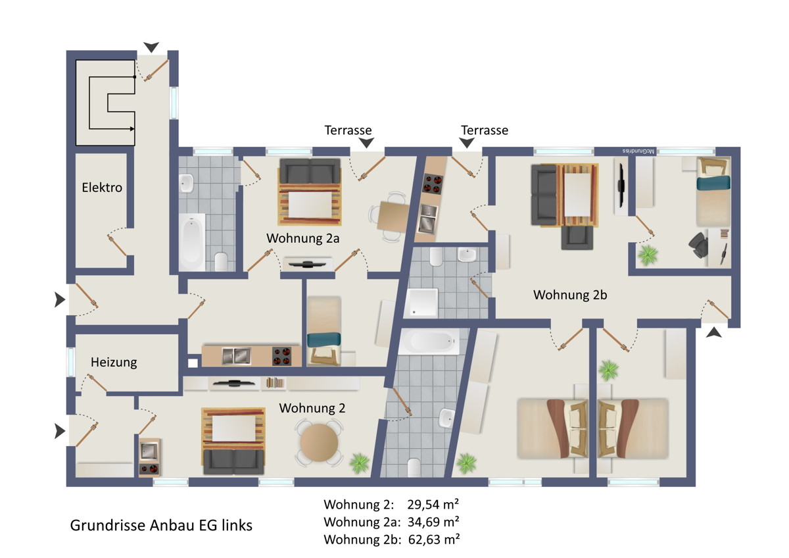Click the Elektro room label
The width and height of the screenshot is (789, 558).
[x=102, y=188]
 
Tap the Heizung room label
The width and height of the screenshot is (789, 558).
[x=114, y=363]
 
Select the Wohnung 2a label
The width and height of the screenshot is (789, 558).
[x=303, y=238]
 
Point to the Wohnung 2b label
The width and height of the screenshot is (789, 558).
[x=570, y=295]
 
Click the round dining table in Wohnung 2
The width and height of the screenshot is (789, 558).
[x=319, y=443]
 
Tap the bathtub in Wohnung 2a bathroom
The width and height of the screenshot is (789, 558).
[x=191, y=241]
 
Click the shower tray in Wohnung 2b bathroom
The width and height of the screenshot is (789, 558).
[x=422, y=303]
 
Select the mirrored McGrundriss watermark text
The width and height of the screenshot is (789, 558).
[x=638, y=151]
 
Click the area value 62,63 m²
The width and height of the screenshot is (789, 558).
[x=434, y=540]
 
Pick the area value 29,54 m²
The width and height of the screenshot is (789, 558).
[x=433, y=505]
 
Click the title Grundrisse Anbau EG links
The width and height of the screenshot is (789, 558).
[x=161, y=525]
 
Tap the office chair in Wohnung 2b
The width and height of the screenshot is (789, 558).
[x=698, y=245]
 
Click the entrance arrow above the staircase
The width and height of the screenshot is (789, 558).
[x=151, y=47]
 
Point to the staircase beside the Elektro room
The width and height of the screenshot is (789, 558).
[x=105, y=103]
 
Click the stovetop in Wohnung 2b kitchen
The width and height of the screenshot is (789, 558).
[x=433, y=184]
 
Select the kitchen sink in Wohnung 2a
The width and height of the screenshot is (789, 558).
[x=236, y=356]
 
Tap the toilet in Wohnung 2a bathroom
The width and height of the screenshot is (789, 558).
[x=221, y=261]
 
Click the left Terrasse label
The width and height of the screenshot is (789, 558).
[x=348, y=130]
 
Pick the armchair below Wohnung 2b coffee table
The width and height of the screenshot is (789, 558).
[x=577, y=238]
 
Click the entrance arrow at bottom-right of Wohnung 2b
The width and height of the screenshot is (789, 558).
[x=713, y=332]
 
